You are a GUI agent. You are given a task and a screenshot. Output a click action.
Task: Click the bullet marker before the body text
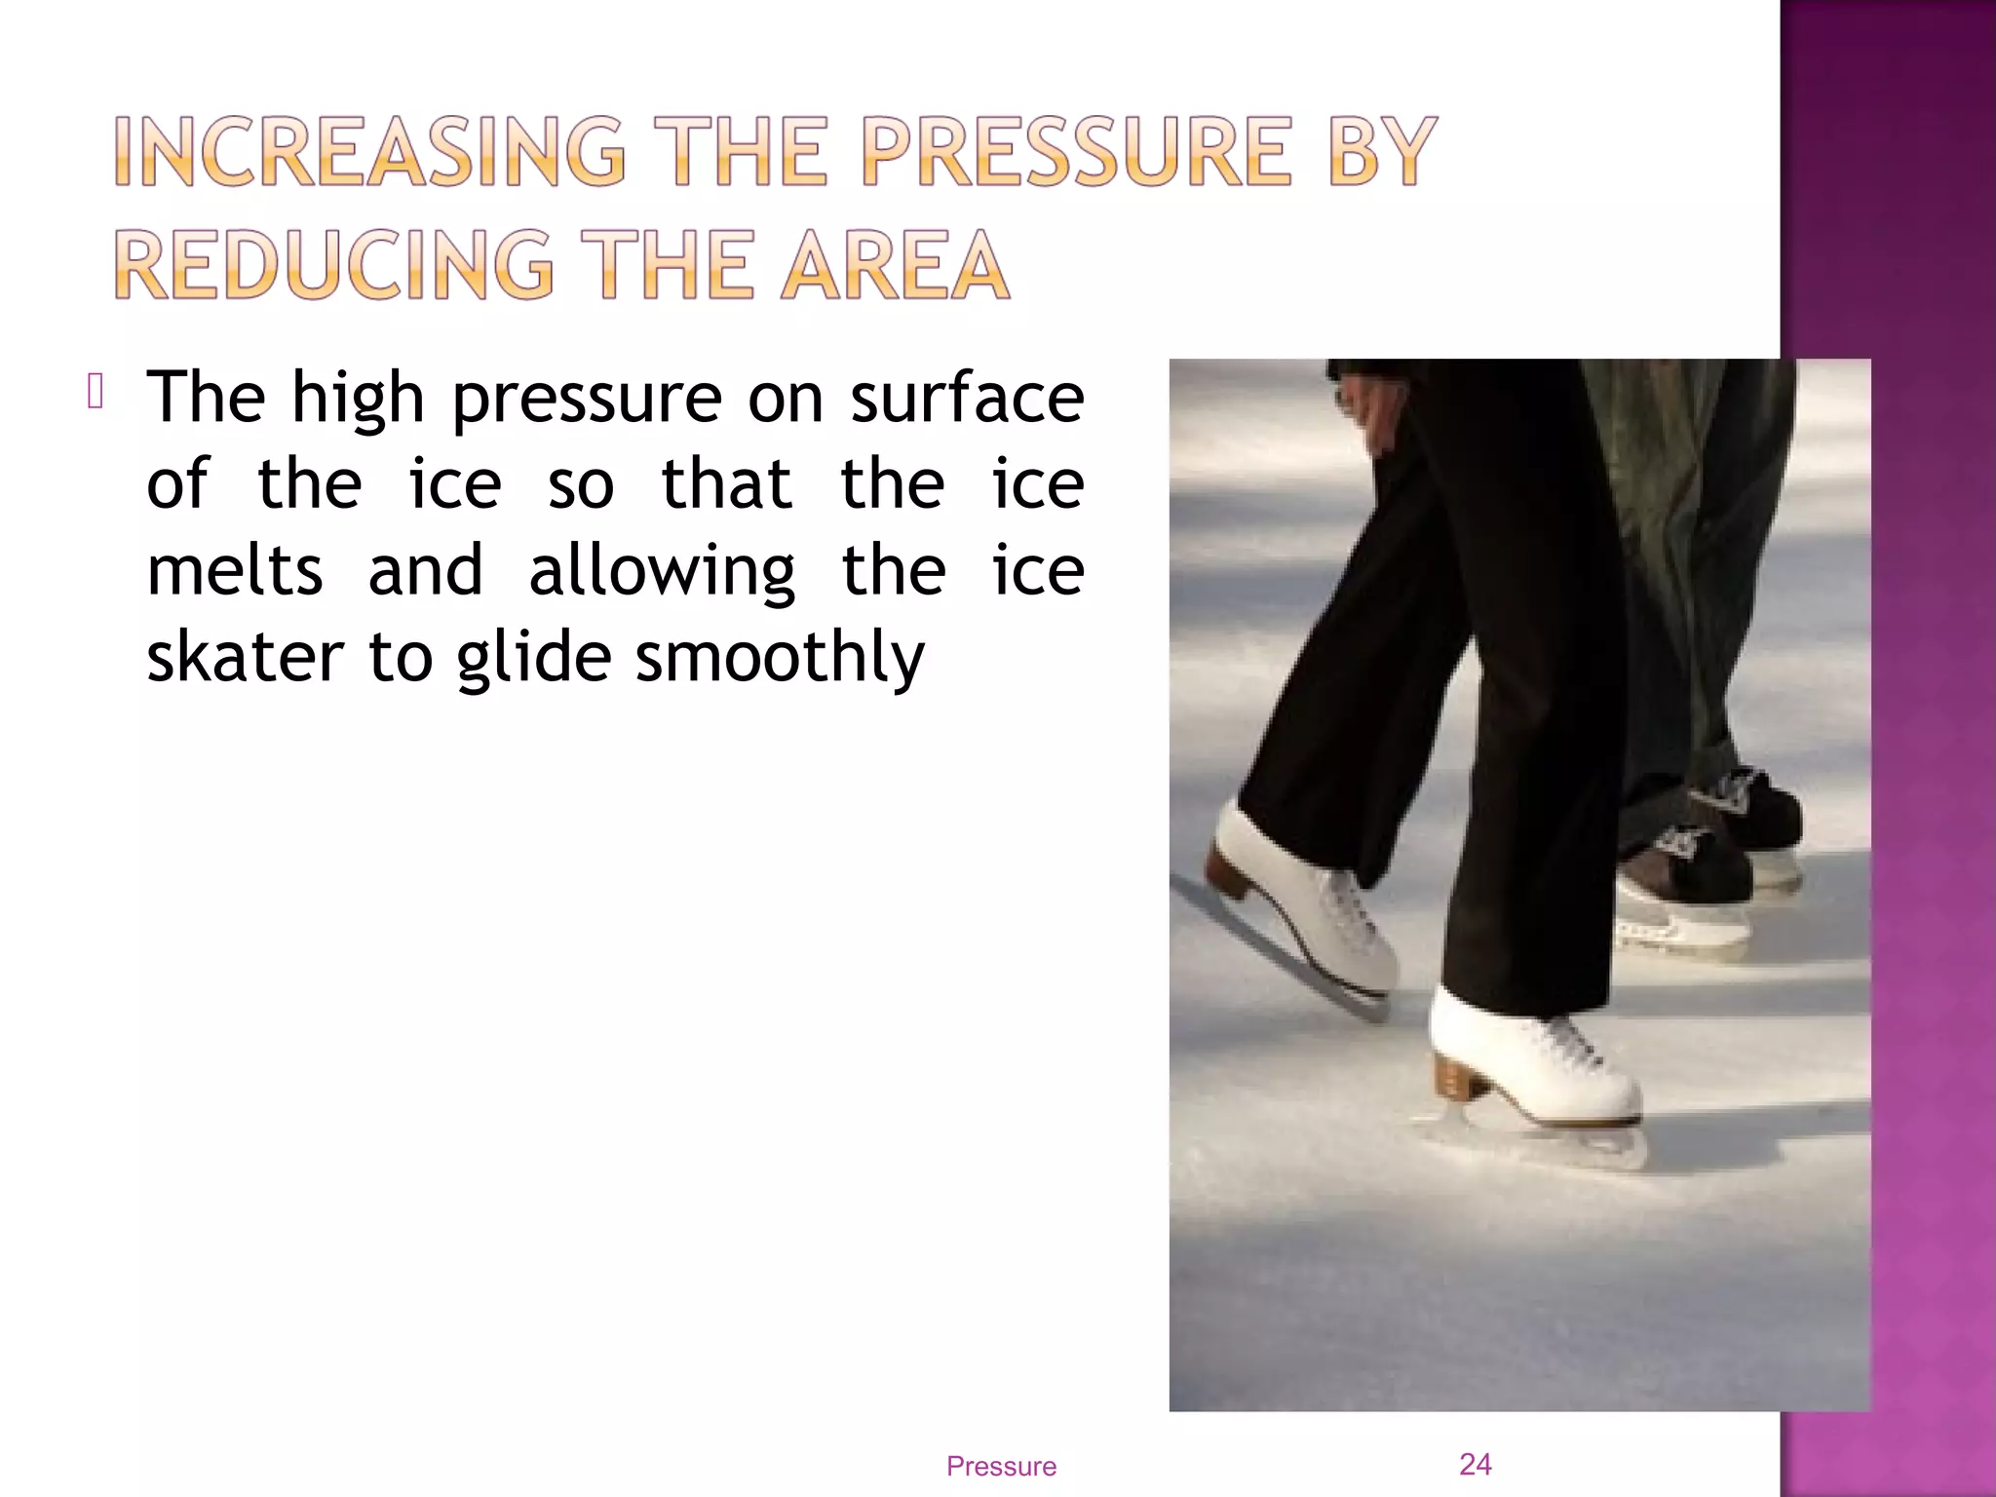[95, 393]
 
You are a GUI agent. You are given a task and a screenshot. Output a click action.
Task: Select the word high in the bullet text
[358, 399]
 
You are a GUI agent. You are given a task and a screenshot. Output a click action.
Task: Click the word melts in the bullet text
[234, 571]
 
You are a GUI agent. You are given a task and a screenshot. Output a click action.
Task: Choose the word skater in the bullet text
[245, 657]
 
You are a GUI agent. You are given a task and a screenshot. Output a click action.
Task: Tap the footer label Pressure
[1001, 1467]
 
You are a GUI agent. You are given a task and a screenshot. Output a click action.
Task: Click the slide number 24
[1475, 1464]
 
